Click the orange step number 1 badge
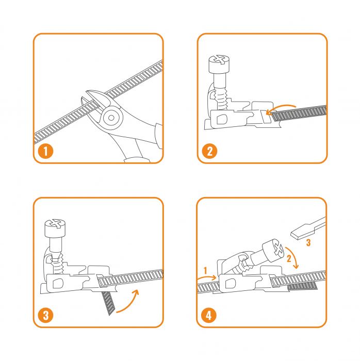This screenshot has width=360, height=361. (45, 151)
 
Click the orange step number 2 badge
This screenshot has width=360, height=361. (209, 151)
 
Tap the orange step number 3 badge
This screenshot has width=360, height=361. (45, 315)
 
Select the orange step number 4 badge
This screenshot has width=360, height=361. (208, 315)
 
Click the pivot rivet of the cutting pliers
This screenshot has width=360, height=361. (111, 118)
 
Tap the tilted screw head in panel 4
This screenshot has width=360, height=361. (273, 250)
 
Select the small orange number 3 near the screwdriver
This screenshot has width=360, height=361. (308, 242)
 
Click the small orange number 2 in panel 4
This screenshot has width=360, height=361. (289, 258)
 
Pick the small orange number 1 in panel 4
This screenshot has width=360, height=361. (206, 271)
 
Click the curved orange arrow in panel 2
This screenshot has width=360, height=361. (281, 107)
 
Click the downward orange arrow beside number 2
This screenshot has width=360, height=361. (293, 257)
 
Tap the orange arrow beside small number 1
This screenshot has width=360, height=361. (207, 277)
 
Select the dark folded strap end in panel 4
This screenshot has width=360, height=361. (302, 286)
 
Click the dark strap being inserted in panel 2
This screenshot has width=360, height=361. (299, 113)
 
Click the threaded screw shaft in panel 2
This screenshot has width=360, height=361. (222, 100)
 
